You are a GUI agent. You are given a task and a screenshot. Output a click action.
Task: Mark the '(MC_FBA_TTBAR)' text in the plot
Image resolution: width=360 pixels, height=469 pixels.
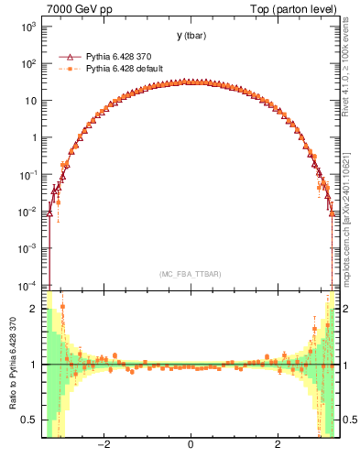tap(190, 274)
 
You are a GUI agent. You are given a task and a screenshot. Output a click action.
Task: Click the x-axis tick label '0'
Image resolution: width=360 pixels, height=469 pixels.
tap(190, 444)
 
